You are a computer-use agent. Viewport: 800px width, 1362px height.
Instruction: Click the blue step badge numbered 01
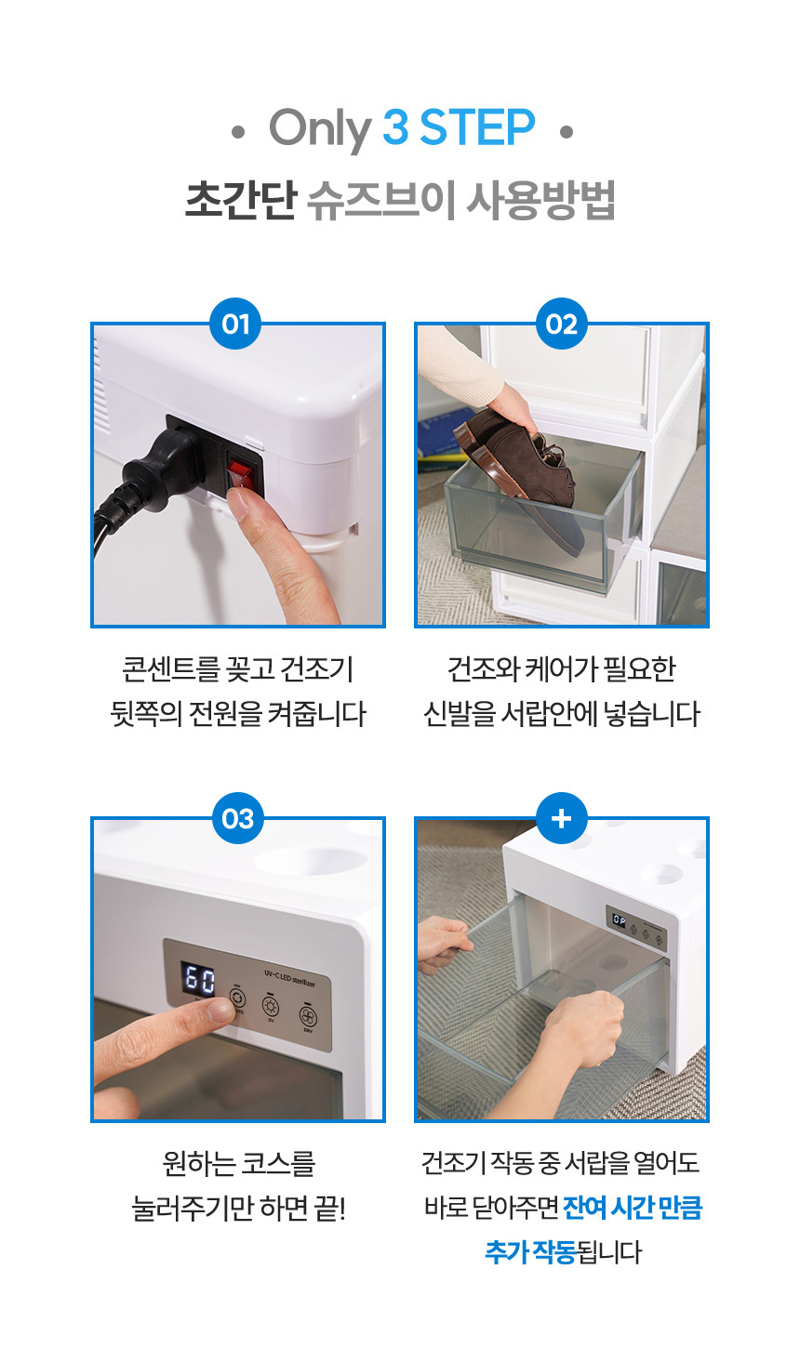tap(235, 324)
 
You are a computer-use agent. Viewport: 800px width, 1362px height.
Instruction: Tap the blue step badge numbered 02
tap(562, 324)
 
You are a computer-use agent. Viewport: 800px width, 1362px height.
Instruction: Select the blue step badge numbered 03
tap(238, 818)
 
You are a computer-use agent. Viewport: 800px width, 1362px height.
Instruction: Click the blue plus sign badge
tap(562, 818)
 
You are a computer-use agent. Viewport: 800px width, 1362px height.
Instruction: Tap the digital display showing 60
tap(200, 979)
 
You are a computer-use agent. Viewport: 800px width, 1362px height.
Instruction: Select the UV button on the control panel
tap(270, 1006)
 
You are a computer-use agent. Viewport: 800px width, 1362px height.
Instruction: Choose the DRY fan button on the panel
tap(308, 1016)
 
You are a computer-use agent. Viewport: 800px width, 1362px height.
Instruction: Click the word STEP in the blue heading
tap(477, 127)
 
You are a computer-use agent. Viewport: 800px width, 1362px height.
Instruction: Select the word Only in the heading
tap(320, 129)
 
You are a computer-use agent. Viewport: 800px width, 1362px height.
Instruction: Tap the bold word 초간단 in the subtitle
tap(241, 200)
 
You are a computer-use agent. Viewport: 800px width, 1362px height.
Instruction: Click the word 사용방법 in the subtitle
tap(540, 200)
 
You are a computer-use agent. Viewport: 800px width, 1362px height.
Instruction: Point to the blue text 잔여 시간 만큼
tap(633, 1208)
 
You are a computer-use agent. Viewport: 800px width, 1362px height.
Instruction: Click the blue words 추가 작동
tap(530, 1252)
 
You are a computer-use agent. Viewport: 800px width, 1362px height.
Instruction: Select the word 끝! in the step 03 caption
tap(329, 1208)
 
